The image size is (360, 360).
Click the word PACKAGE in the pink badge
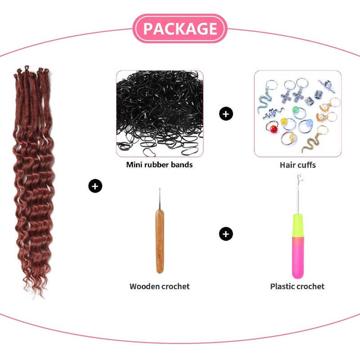[180, 28]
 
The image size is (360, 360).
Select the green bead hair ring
[298, 112]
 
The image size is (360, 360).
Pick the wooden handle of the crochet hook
[160, 241]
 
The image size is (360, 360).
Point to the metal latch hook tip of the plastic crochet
[299, 178]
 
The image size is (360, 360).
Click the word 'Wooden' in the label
[144, 287]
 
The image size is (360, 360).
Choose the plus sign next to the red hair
[95, 186]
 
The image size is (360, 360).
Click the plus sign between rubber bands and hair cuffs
[226, 114]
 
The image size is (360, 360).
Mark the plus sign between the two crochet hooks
[226, 234]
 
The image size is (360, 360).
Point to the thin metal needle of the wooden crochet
[160, 198]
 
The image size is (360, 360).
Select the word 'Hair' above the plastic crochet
[287, 165]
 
